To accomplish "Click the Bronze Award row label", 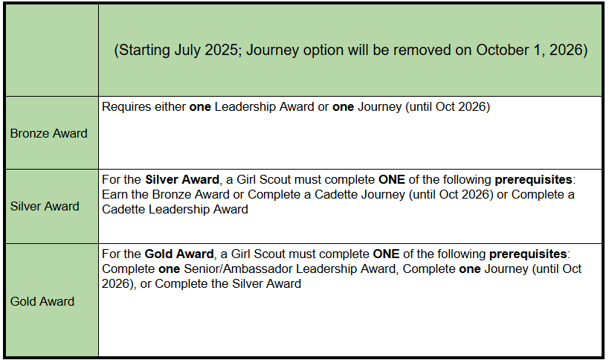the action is (x=48, y=133).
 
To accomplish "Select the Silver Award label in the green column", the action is (x=45, y=206).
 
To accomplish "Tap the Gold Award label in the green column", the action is (x=42, y=301).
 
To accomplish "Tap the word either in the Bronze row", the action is (x=170, y=107).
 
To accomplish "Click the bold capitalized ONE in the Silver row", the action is (x=391, y=180).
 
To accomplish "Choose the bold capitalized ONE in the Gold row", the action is (x=386, y=254).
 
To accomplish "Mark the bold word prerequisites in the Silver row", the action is (x=533, y=180).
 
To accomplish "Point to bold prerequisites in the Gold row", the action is (x=528, y=254).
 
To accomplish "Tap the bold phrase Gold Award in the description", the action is (x=179, y=254).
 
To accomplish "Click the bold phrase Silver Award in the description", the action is (x=182, y=180).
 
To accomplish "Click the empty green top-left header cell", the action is (x=52, y=50).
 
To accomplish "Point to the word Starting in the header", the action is (x=144, y=51).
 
